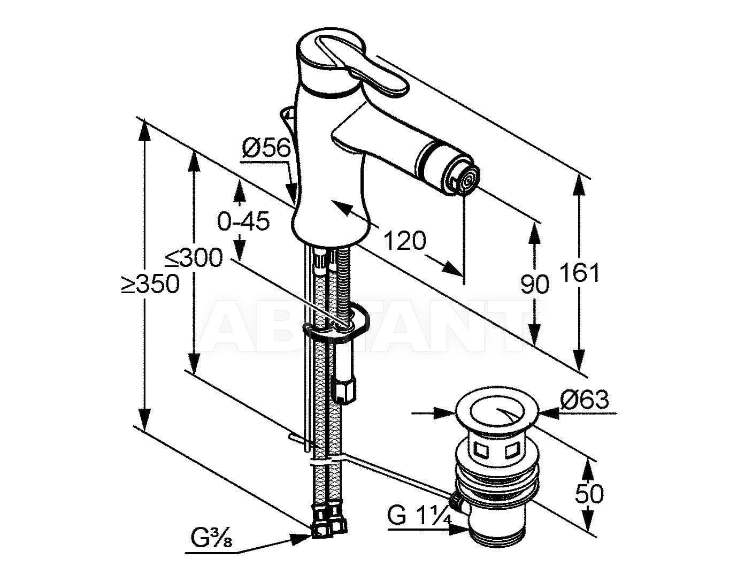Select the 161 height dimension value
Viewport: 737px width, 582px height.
580,273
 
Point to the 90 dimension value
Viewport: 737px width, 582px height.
535,284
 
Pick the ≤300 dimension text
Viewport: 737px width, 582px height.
193,258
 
